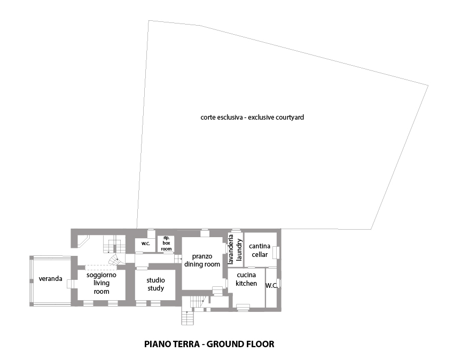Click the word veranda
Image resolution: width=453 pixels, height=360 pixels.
click(x=50, y=278)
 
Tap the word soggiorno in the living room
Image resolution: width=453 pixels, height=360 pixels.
click(x=101, y=275)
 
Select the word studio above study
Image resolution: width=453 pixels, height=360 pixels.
click(x=156, y=280)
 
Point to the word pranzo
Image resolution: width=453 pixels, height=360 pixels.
click(x=202, y=256)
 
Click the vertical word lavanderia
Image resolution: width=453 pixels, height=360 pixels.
click(x=231, y=249)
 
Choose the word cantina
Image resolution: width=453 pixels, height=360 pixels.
click(x=260, y=246)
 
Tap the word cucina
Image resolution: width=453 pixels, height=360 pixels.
click(x=246, y=275)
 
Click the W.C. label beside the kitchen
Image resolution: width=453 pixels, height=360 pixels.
click(x=271, y=285)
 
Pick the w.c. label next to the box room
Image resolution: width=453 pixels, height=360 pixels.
click(x=146, y=243)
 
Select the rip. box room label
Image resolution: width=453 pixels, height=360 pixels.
click(x=167, y=243)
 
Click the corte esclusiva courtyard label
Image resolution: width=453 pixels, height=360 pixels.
click(x=252, y=118)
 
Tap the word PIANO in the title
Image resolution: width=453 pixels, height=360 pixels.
click(x=158, y=344)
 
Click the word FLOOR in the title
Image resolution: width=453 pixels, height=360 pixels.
click(x=260, y=344)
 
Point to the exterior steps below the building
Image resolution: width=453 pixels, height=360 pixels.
click(x=188, y=318)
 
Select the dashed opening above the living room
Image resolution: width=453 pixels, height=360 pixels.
click(x=101, y=267)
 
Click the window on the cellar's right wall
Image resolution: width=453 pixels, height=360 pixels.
click(x=276, y=253)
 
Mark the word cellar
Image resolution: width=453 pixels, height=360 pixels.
click(x=260, y=255)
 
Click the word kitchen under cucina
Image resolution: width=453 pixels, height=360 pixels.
click(x=246, y=284)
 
